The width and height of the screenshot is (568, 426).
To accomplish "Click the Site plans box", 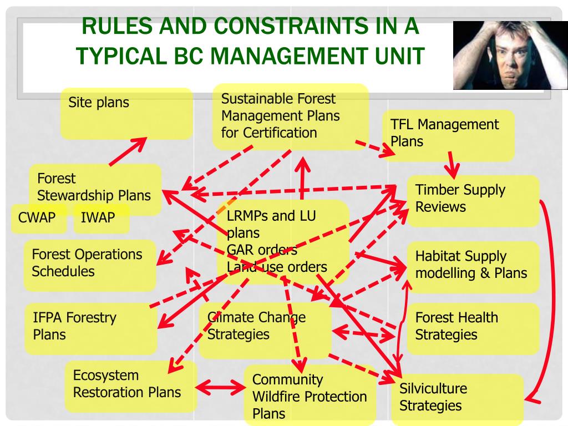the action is pos(126,113).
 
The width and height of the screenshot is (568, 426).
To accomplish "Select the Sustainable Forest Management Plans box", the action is pos(290,116).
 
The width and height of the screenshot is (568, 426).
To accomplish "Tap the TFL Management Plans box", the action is pos(448,134).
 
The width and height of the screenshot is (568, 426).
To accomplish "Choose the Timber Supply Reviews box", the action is pos(473,200).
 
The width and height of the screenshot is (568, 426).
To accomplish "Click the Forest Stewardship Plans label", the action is pos(94,187).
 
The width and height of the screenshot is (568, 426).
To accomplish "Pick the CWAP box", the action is pos(37,217).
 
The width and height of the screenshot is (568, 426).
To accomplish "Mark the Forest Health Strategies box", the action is pos(473,327).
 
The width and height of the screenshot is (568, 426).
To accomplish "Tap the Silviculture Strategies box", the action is pos(456,398).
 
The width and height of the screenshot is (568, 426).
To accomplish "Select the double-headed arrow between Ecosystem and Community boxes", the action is pos(221,386).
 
